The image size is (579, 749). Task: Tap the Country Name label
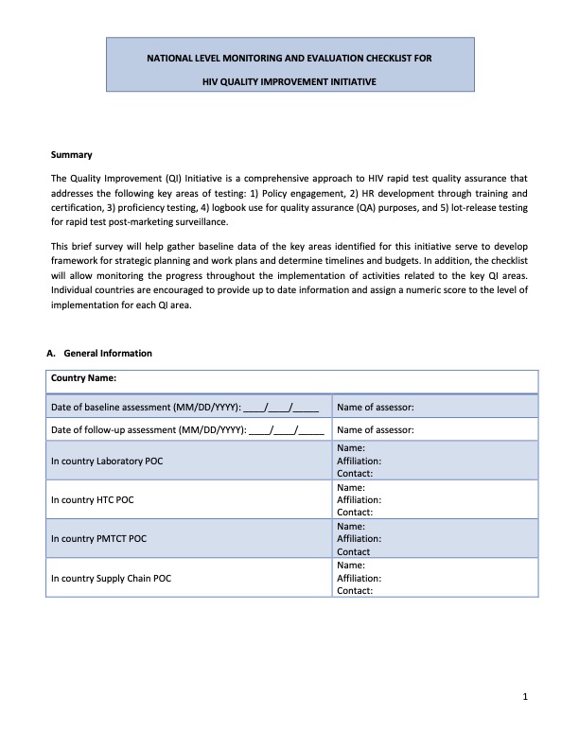(x=84, y=379)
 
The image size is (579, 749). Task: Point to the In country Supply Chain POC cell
(x=112, y=578)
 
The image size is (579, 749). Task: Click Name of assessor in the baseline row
(x=376, y=408)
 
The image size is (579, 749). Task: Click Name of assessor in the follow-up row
(x=376, y=429)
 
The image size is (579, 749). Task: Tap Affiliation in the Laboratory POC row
(x=359, y=461)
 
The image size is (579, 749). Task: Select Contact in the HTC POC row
(x=355, y=512)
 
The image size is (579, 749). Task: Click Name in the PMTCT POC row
(x=351, y=526)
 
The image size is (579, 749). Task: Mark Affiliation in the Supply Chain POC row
(x=359, y=578)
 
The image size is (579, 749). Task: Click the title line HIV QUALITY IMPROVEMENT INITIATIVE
(x=289, y=82)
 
